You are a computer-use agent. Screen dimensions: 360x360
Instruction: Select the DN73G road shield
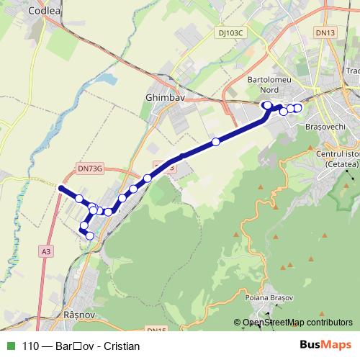(x=90, y=168)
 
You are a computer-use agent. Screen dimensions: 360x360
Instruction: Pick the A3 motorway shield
(x=46, y=251)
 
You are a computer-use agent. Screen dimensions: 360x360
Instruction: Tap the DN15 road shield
(x=156, y=329)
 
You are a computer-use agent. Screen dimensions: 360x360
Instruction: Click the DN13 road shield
(x=325, y=32)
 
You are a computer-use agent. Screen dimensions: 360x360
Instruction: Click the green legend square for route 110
(x=10, y=346)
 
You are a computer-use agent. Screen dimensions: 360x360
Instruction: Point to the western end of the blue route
(x=59, y=188)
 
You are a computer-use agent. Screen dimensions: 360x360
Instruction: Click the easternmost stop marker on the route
(x=297, y=108)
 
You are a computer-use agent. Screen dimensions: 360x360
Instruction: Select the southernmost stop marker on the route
(x=89, y=235)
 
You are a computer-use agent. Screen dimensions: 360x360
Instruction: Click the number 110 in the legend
(x=30, y=346)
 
